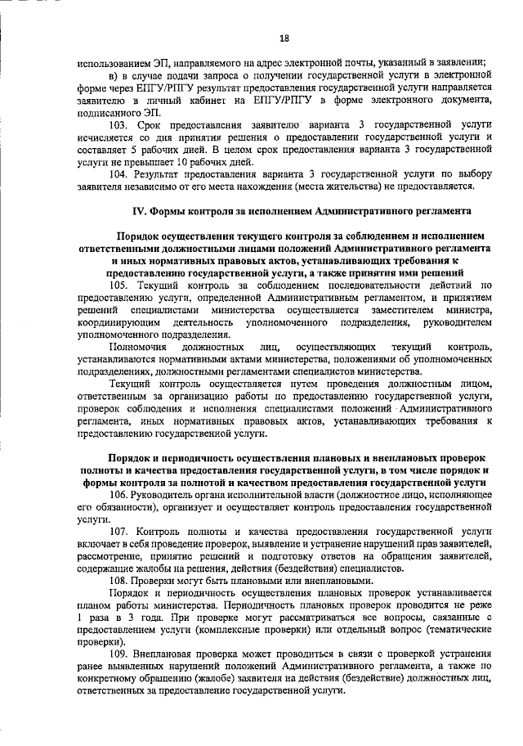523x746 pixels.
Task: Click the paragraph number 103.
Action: [x=118, y=124]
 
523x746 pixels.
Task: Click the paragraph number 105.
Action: [x=118, y=285]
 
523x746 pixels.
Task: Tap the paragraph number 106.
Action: [x=118, y=495]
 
